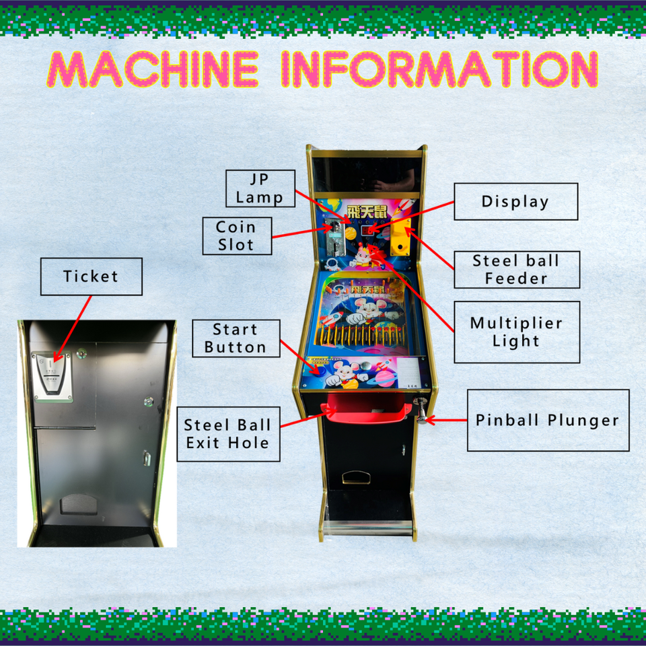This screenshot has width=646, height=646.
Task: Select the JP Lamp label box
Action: (260, 188)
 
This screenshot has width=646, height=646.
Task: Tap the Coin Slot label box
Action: (237, 236)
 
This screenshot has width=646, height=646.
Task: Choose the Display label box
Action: (515, 201)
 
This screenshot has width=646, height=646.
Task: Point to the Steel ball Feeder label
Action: (516, 269)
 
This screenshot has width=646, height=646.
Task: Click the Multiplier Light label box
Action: (516, 332)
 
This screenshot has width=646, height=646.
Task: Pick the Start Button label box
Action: (235, 338)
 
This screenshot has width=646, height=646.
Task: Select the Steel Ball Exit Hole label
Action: (228, 434)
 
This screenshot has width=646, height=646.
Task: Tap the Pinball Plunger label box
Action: (548, 420)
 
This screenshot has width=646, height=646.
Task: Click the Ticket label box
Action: (91, 276)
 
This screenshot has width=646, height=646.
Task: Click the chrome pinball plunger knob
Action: (421, 408)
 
